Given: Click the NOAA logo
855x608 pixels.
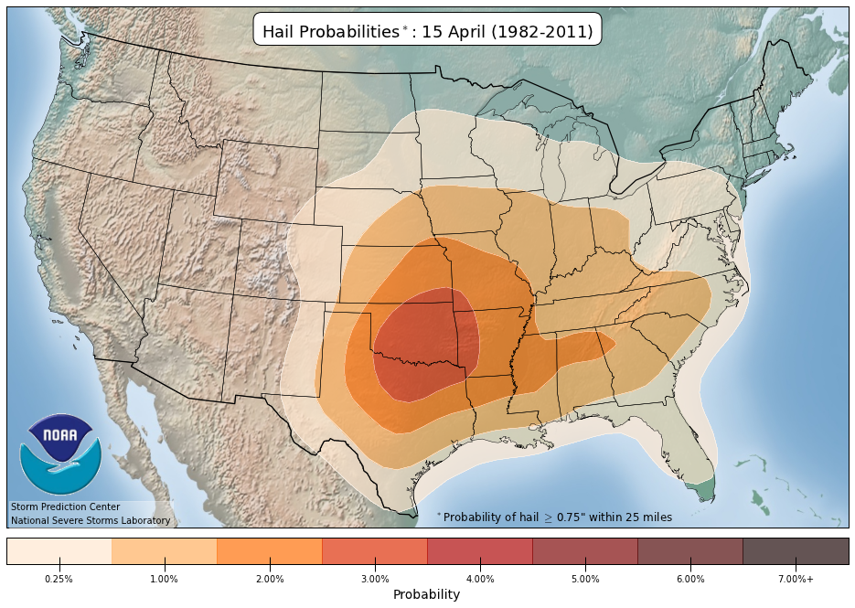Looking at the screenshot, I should click(x=60, y=454).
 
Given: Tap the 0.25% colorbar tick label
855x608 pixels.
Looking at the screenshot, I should click(x=59, y=579).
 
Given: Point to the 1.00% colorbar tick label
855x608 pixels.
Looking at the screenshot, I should click(x=165, y=579).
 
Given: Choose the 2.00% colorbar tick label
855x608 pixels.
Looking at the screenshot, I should click(x=270, y=579).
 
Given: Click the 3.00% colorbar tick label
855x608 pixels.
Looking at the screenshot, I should click(x=375, y=579).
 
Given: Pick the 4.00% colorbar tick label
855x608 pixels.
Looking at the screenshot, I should click(x=480, y=579).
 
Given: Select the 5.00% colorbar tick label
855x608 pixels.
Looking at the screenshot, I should click(x=585, y=579).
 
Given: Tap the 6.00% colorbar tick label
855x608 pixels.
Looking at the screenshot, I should click(x=690, y=579).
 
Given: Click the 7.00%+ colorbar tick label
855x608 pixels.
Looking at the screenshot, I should click(x=796, y=579).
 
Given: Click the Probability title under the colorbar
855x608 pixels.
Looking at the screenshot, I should click(x=426, y=594).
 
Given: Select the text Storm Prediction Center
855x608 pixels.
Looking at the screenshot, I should click(x=65, y=507).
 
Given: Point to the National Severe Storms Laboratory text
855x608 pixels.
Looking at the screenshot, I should click(x=91, y=520).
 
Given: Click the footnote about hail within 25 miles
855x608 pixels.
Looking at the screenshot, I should click(x=555, y=517).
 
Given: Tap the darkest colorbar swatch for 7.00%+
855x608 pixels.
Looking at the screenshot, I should click(x=796, y=550).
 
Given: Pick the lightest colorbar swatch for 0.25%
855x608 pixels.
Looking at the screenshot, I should click(x=59, y=550).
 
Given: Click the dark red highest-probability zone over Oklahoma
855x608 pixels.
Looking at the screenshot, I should click(x=421, y=347).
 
